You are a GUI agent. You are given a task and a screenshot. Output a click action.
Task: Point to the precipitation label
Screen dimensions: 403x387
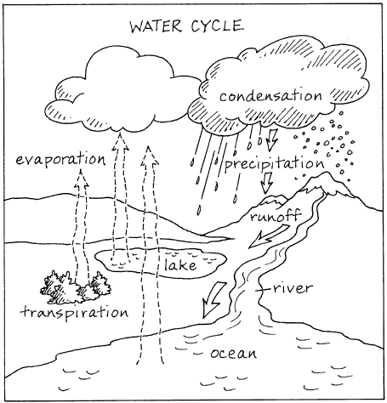tap(274, 162)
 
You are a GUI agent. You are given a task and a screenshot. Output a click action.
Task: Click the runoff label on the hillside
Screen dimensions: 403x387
tap(273, 218)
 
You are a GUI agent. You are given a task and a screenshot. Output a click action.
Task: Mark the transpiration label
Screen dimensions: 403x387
tap(75, 311)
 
